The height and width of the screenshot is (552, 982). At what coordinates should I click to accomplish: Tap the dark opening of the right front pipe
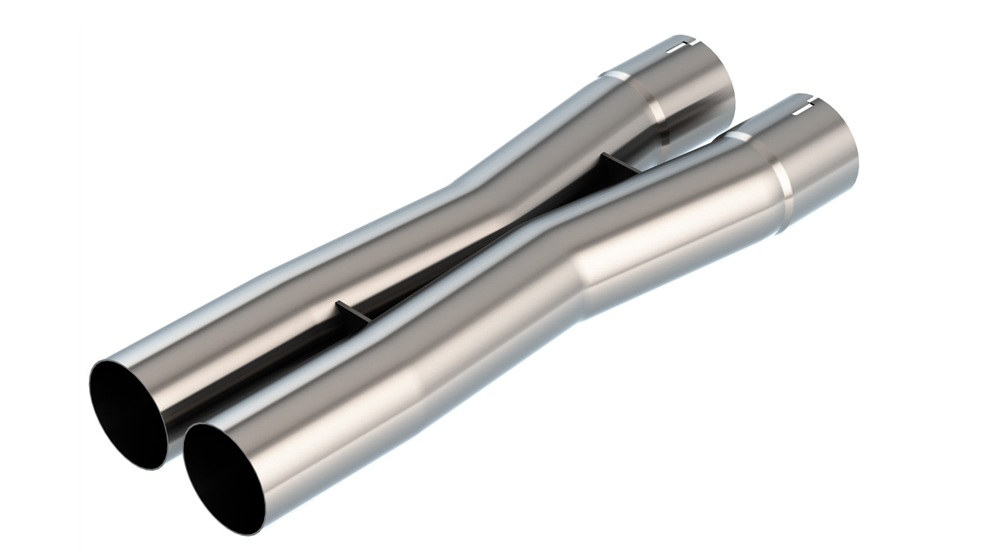click(222, 475)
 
